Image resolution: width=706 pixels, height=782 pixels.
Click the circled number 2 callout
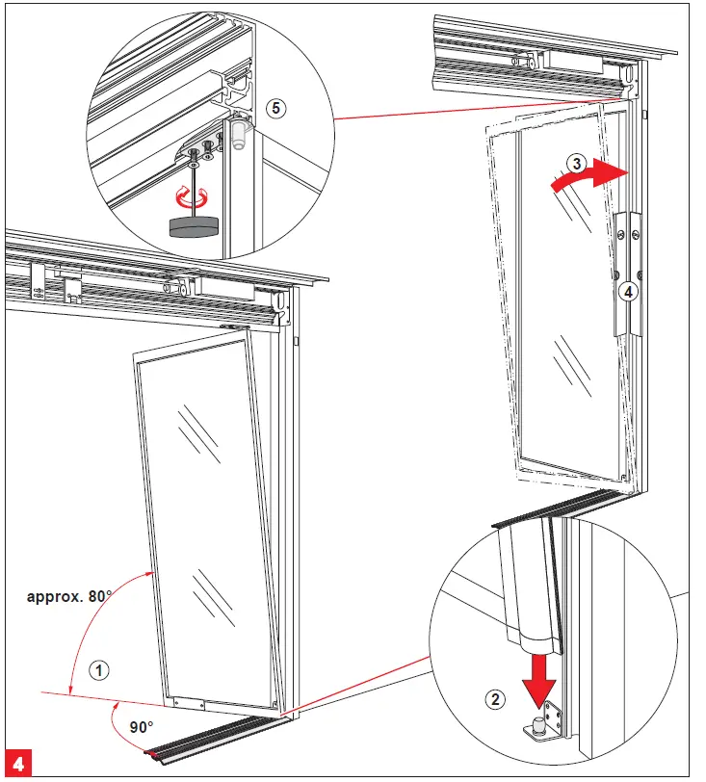coord(495,700)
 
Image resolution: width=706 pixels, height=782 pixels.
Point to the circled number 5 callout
coord(275,109)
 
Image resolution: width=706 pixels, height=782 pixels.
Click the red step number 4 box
coord(20,761)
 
